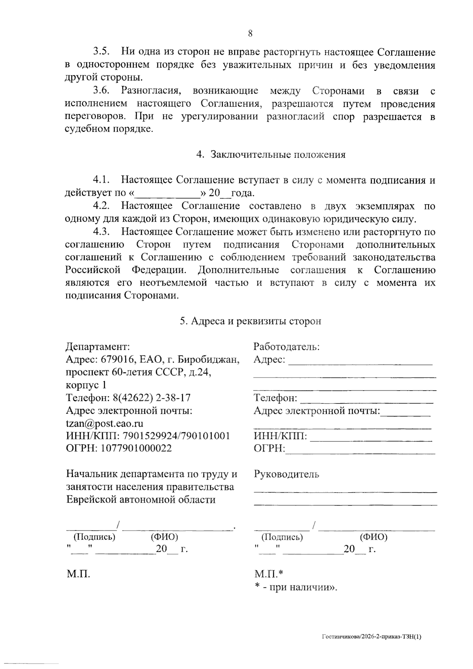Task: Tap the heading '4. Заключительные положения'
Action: (271, 155)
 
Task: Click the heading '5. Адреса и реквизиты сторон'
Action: (251, 321)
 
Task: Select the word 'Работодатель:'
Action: (287, 347)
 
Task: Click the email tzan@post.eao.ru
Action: (104, 424)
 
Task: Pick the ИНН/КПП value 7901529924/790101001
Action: (176, 436)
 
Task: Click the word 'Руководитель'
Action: (287, 474)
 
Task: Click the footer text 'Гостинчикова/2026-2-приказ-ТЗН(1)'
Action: (372, 636)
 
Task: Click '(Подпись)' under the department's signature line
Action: (95, 537)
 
